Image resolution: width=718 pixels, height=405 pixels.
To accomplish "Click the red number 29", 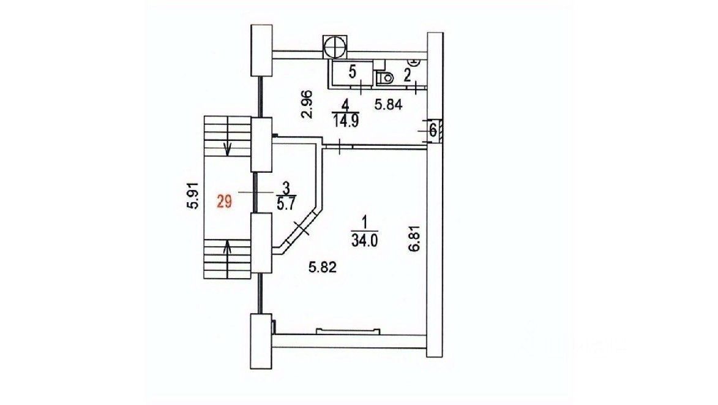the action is tap(225, 201).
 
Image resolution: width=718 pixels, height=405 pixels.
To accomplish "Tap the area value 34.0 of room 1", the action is tap(364, 241).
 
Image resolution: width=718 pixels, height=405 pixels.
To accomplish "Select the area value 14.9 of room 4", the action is tap(346, 122).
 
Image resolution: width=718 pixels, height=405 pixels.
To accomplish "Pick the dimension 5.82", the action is tap(323, 267).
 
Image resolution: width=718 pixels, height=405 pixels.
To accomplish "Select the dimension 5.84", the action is tap(388, 105).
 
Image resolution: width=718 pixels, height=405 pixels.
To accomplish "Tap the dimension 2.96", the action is tap(307, 104).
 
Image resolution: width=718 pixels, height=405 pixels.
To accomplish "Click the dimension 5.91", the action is tap(193, 196).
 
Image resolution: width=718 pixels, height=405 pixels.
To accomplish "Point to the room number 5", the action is tap(352, 72).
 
